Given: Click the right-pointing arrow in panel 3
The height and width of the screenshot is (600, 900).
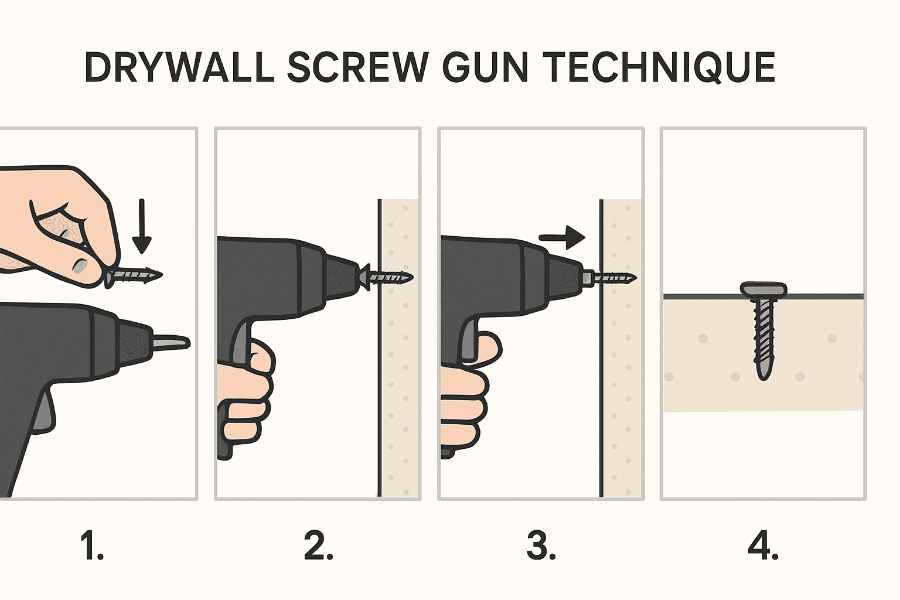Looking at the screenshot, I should tap(562, 237).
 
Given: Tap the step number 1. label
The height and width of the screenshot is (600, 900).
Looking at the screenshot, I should tap(91, 546).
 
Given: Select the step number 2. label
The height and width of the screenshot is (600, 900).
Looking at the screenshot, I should tap(318, 546).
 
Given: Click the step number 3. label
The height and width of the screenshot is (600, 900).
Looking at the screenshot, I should tap(541, 546).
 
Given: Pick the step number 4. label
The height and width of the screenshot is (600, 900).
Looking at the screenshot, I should tap(763, 546).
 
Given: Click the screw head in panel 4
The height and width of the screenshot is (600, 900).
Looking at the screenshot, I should tap(763, 288).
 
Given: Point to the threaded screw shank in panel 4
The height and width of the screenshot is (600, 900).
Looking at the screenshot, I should tap(763, 337).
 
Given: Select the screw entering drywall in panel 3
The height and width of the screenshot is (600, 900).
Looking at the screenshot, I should tap(612, 277).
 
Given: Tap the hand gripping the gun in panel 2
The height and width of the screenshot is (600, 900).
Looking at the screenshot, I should tap(246, 393).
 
